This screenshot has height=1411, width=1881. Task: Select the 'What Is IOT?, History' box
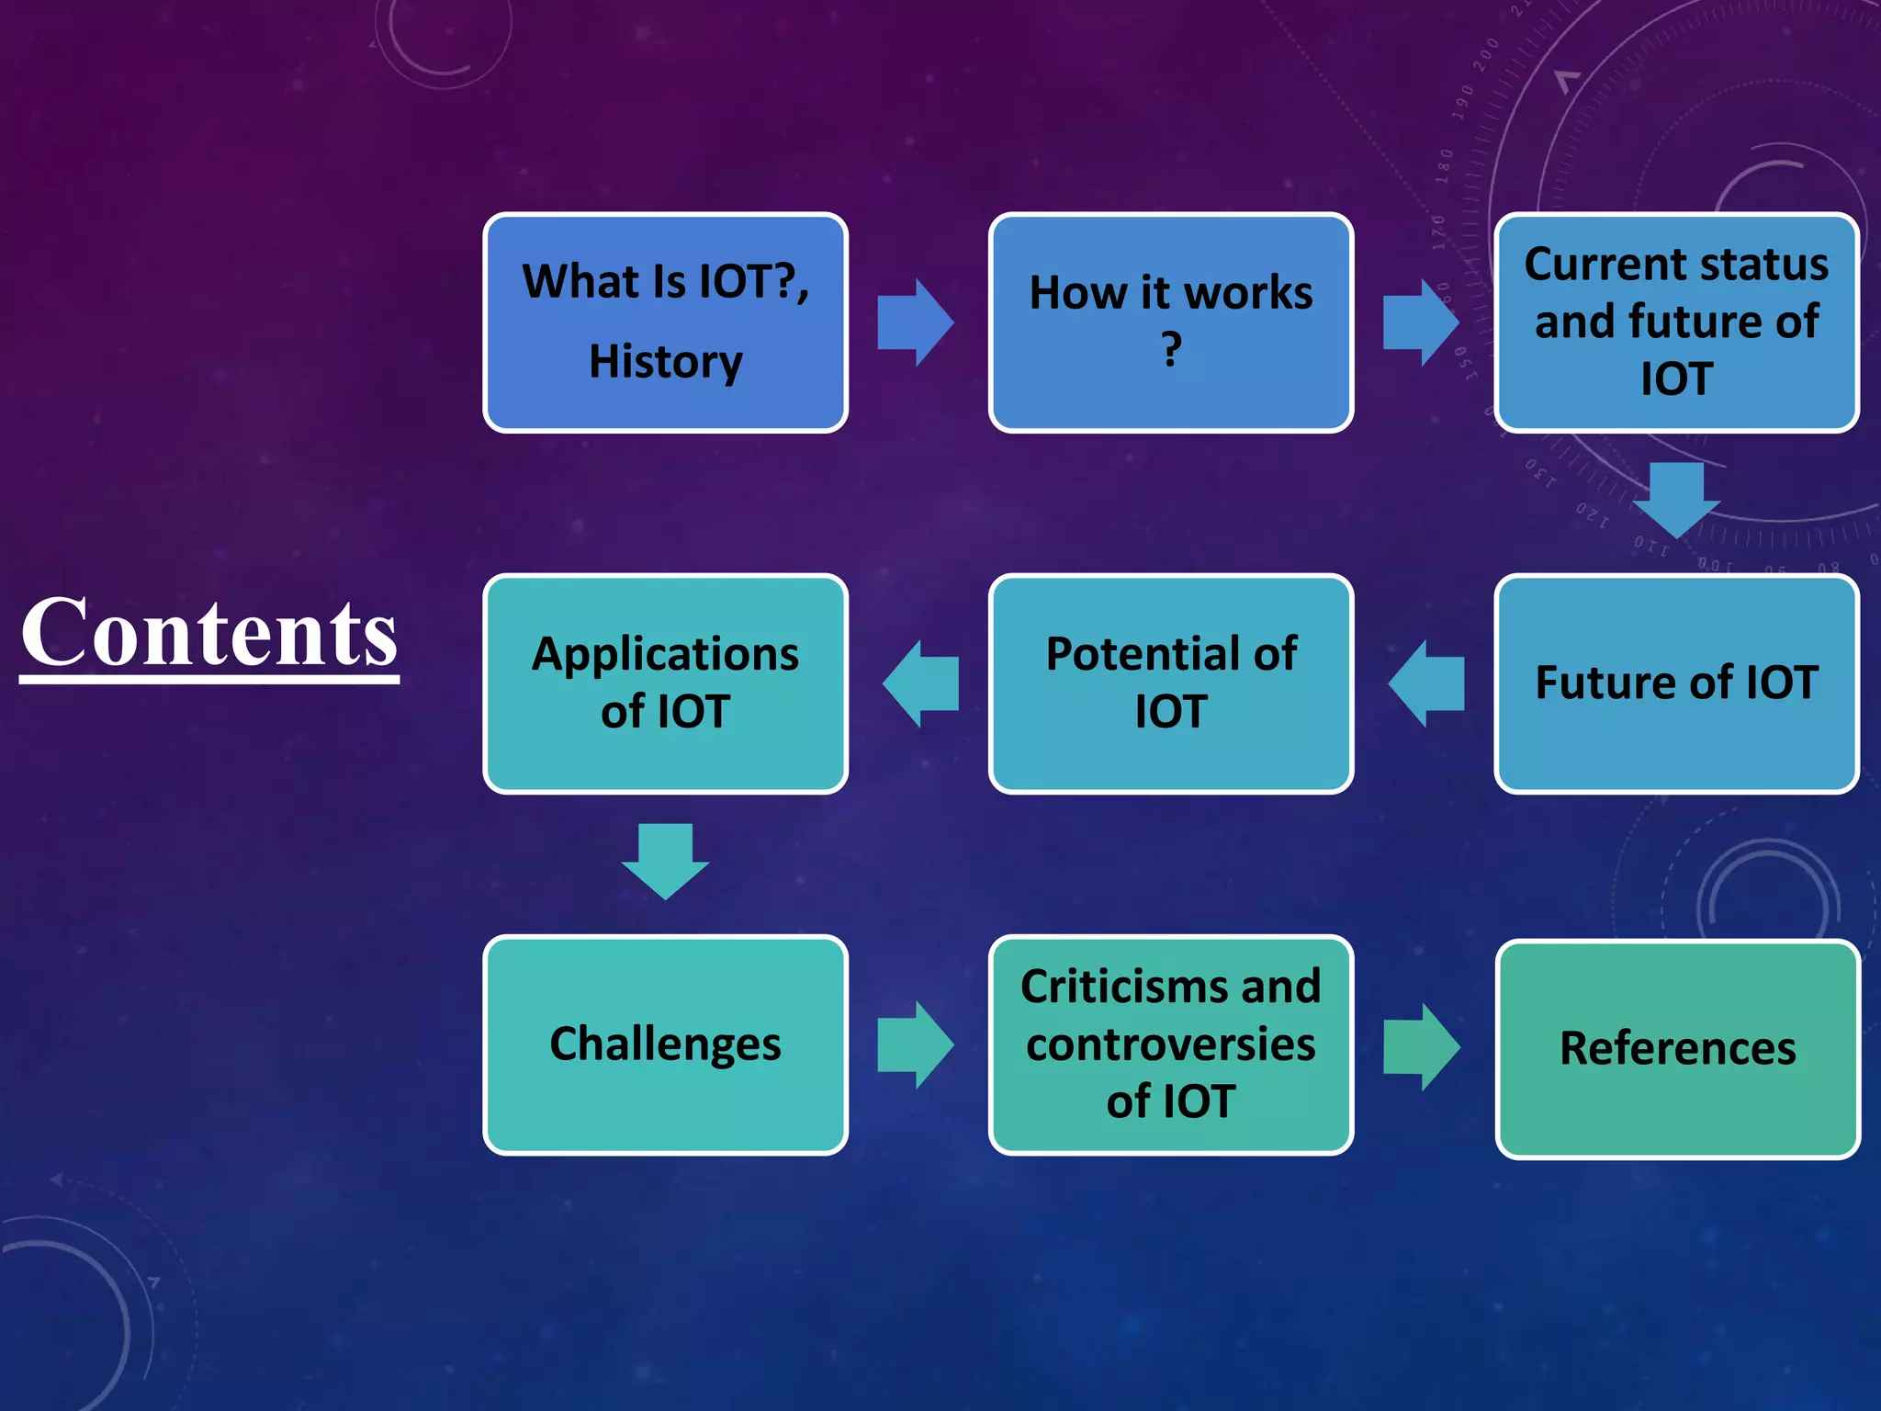point(665,322)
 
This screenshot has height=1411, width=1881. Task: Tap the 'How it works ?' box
point(1170,322)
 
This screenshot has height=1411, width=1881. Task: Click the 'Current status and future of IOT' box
point(1676,322)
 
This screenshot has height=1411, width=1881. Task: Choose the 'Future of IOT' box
point(1676,683)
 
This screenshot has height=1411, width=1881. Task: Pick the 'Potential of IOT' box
point(1170,683)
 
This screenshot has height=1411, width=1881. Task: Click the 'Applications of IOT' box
point(665,683)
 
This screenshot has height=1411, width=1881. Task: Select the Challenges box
point(665,1044)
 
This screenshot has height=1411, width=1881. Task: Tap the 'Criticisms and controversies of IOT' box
point(1170,1044)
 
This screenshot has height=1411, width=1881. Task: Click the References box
point(1677,1048)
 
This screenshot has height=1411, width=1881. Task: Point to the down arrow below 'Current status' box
point(1676,499)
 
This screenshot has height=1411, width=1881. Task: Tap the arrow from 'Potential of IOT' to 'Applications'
point(920,683)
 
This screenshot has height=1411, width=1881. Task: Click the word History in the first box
point(665,361)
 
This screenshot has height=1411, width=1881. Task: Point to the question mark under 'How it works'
point(1170,350)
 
